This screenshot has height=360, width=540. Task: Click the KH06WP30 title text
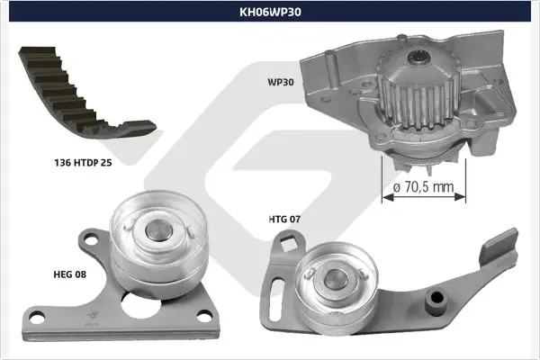[x=270, y=12]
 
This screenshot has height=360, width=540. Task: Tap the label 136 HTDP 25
[x=83, y=163]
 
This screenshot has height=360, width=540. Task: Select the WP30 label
[x=281, y=82]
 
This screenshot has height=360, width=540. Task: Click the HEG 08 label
[x=69, y=274]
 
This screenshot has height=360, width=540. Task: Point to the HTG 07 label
[x=284, y=219]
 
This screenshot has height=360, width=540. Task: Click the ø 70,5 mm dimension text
[x=423, y=187]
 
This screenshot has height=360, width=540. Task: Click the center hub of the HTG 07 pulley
[x=335, y=278]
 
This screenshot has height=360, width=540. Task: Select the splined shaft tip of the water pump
[x=418, y=57]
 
